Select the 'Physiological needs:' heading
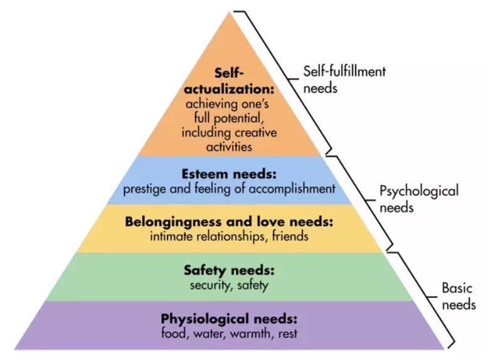228,317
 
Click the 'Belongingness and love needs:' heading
228,222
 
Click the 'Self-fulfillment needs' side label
344,79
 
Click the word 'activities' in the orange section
228,148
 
